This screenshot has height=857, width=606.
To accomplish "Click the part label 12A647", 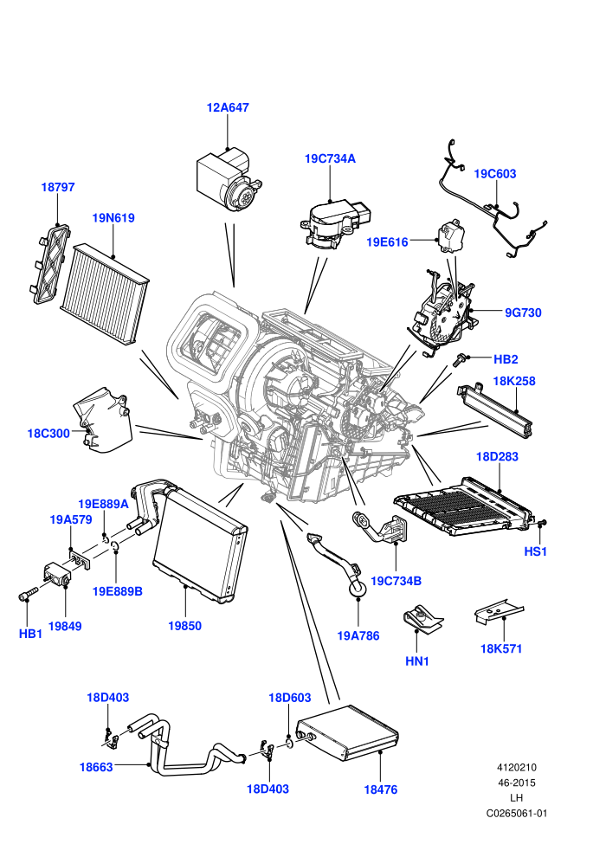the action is click(228, 107).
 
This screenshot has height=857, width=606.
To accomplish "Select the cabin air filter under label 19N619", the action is click(104, 294).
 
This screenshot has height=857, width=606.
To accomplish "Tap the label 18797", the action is click(58, 187).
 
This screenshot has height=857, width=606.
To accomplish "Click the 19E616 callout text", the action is click(387, 242).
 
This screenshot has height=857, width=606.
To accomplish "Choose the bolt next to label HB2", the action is click(459, 359).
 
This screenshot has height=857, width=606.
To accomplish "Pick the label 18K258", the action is click(514, 381).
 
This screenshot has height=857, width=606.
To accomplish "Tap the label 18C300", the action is click(48, 434).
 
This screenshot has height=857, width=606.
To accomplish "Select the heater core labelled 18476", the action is click(347, 732).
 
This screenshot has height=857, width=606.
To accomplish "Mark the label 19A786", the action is click(358, 635).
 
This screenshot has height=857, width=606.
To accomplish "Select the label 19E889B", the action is click(118, 591).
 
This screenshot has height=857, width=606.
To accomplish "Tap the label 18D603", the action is click(290, 698).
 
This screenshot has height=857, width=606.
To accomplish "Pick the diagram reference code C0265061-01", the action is click(516, 813).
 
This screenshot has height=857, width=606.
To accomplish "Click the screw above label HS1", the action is click(542, 524).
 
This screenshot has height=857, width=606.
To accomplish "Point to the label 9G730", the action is click(523, 313).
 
